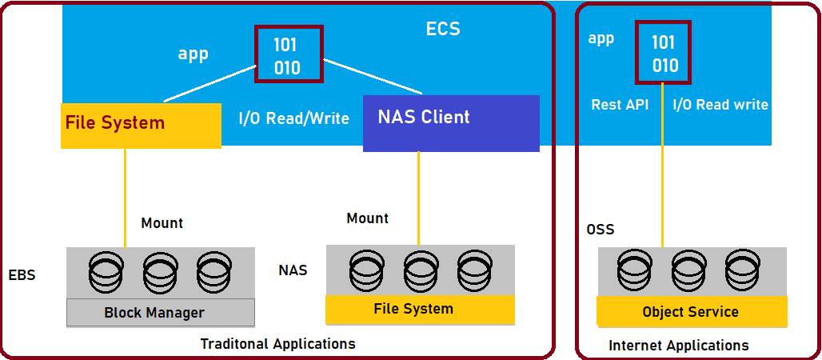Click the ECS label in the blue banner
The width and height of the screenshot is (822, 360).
[443, 30]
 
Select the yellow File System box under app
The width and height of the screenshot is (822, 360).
[141, 125]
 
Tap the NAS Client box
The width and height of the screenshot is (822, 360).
[451, 123]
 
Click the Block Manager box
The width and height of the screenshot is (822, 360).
[160, 313]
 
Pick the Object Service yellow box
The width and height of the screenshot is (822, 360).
[691, 311]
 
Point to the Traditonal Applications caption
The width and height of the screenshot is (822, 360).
[277, 344]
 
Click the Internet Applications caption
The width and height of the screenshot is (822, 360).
[679, 346]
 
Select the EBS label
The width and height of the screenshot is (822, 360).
[22, 275]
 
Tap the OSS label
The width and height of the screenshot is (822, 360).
[600, 230]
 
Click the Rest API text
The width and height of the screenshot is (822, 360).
[620, 105]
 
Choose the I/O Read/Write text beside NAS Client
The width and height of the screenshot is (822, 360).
[293, 118]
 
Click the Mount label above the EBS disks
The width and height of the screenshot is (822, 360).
[162, 223]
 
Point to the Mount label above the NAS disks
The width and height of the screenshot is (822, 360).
[368, 218]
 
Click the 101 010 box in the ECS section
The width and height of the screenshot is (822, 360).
[288, 54]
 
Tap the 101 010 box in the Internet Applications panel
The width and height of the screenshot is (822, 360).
[664, 53]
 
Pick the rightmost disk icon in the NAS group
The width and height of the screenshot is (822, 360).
[474, 271]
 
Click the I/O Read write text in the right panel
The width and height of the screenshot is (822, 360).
[720, 105]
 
